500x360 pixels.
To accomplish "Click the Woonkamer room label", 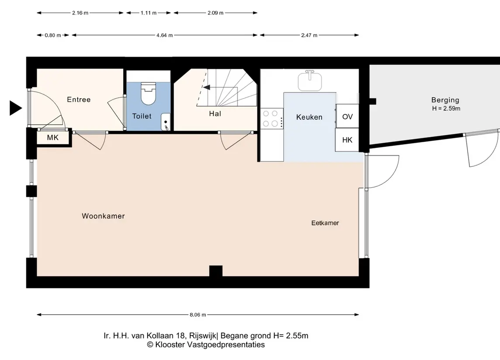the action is pyautogui.click(x=103, y=216).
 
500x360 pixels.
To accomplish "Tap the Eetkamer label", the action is pyautogui.click(x=325, y=223).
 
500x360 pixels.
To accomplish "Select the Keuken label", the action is pyautogui.click(x=309, y=117).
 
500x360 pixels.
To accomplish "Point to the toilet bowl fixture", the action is pyautogui.click(x=148, y=94).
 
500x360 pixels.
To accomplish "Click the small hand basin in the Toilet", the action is pyautogui.click(x=166, y=122).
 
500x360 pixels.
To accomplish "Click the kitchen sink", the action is pyautogui.click(x=310, y=81).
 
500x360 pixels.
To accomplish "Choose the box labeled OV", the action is pyautogui.click(x=347, y=116).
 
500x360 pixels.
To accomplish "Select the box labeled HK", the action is pyautogui.click(x=347, y=140).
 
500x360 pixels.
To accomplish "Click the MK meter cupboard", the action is pyautogui.click(x=53, y=137).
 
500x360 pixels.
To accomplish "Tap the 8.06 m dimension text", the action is pyautogui.click(x=198, y=315).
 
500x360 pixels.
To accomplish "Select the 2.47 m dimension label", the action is pyautogui.click(x=309, y=35).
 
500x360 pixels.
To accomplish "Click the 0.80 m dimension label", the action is pyautogui.click(x=52, y=35).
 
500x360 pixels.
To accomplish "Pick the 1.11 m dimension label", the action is pyautogui.click(x=148, y=13).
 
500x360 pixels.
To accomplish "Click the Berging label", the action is pyautogui.click(x=445, y=100).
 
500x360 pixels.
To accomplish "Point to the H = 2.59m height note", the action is pyautogui.click(x=446, y=108).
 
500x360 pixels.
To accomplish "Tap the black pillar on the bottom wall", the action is pyautogui.click(x=216, y=271).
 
